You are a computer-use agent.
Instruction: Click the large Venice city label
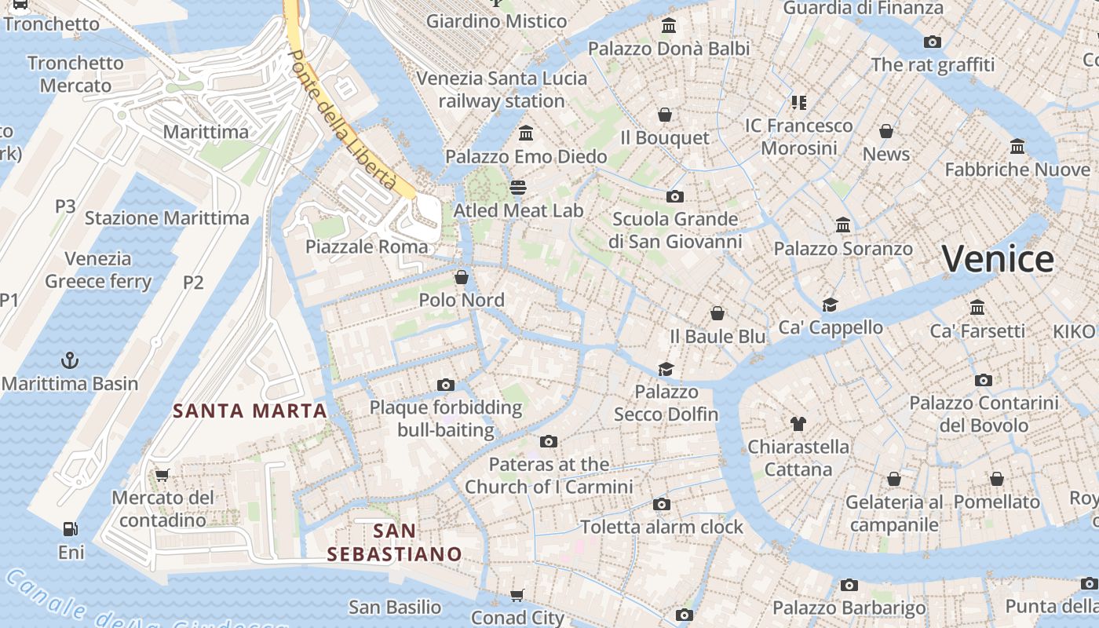click(998, 258)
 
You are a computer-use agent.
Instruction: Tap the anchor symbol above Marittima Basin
click(71, 360)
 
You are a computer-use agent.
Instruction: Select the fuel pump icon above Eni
click(71, 530)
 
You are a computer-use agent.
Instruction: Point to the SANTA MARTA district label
click(250, 411)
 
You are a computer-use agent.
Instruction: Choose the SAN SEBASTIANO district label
click(394, 542)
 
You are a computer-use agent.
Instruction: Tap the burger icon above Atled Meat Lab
click(517, 187)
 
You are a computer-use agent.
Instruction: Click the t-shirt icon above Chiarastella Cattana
click(798, 424)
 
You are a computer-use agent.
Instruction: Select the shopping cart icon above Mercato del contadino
click(162, 474)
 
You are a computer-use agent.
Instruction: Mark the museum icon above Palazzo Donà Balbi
click(669, 26)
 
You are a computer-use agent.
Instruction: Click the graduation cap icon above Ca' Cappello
click(830, 305)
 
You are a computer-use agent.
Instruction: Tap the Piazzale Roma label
click(367, 246)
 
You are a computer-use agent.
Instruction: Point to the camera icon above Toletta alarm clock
click(662, 504)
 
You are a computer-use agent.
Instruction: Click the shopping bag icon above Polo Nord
click(462, 277)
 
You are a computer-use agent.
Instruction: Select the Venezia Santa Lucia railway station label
click(502, 89)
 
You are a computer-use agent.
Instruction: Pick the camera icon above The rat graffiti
click(933, 42)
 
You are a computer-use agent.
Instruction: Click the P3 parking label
click(65, 206)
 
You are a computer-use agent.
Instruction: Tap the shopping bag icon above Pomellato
click(996, 479)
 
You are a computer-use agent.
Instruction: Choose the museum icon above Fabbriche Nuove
click(1017, 146)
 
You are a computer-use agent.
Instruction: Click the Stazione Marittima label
click(166, 218)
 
